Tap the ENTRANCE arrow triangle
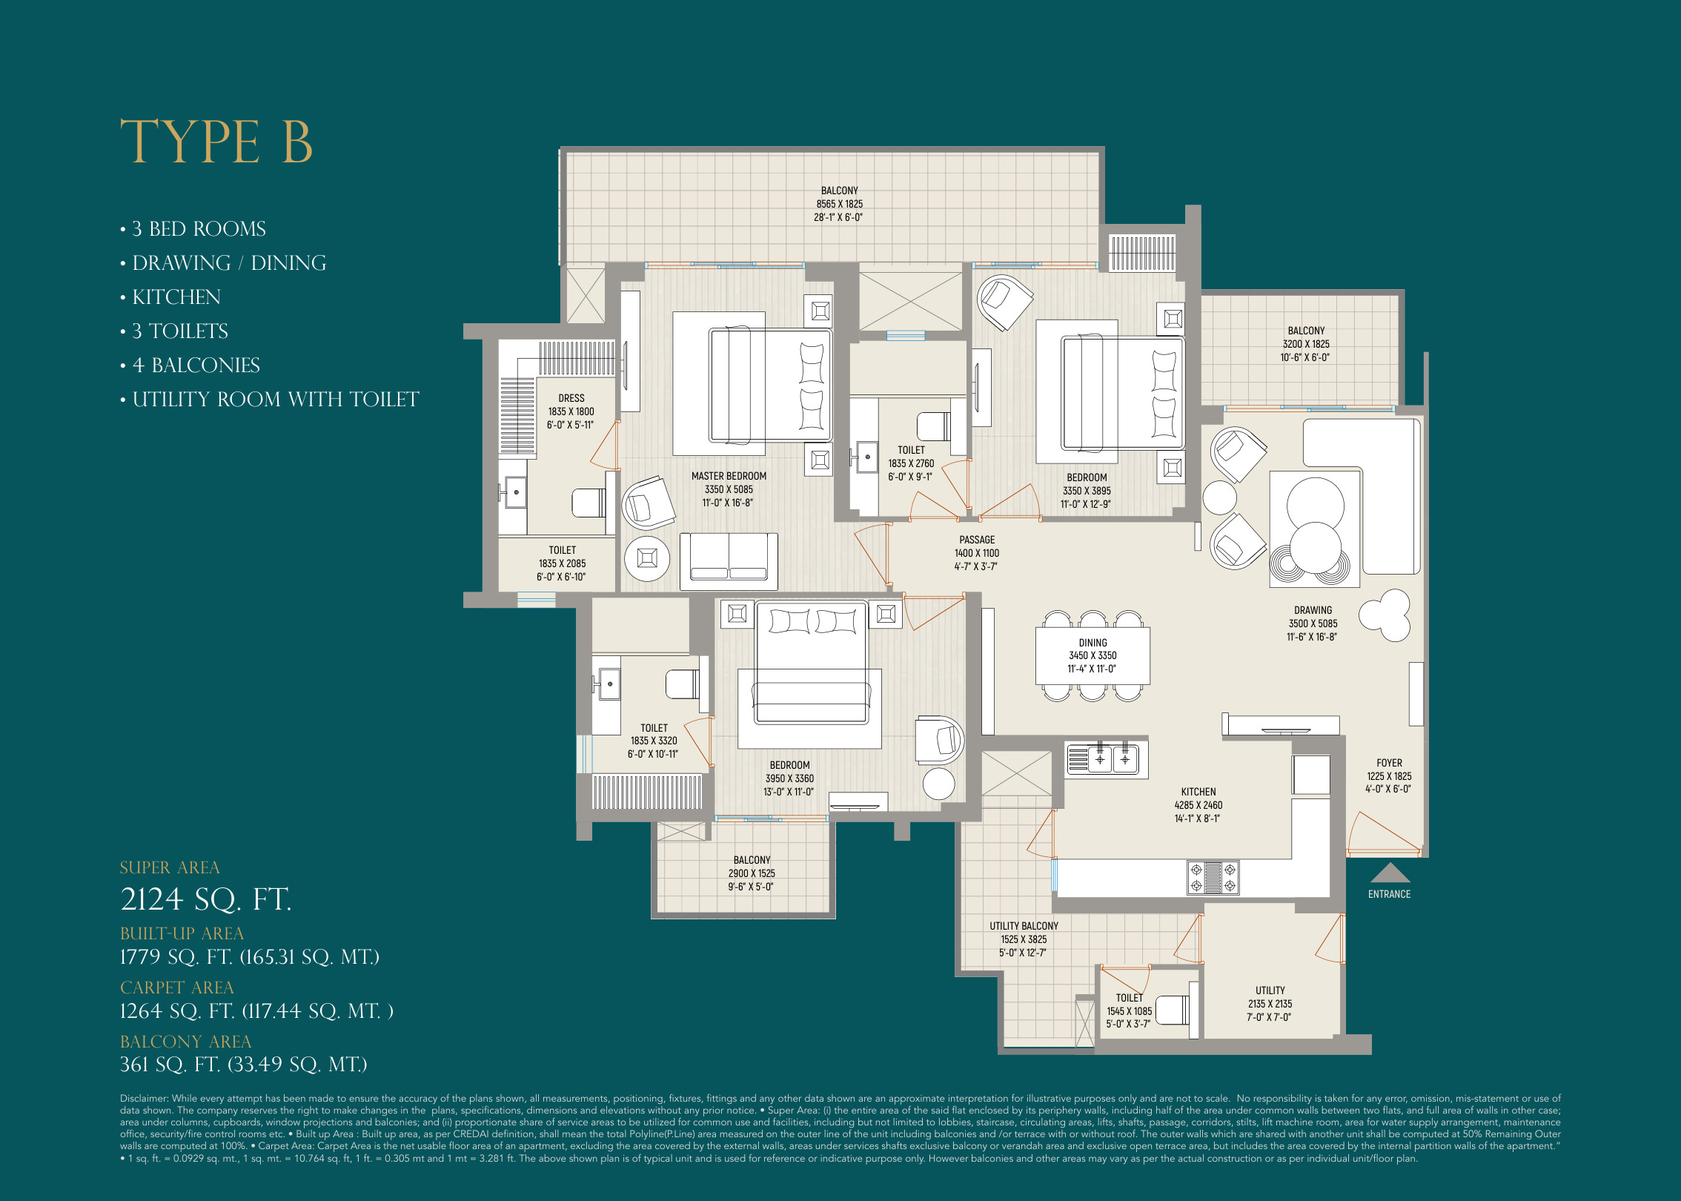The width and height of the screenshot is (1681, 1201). tap(1390, 873)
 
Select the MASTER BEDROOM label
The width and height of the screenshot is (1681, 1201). tap(729, 476)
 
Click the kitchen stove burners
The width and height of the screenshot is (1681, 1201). tap(1213, 877)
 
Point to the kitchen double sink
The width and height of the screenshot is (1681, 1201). tap(1112, 759)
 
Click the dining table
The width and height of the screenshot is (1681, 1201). tap(1093, 655)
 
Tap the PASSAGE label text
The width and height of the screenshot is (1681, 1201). tap(977, 540)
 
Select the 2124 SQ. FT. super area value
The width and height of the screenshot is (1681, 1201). tap(206, 899)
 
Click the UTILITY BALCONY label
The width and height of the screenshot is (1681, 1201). tap(1024, 926)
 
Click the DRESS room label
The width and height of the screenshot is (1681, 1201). tap(571, 398)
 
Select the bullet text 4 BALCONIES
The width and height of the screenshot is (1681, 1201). tap(196, 365)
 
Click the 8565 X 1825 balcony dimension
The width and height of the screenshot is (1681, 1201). tap(839, 204)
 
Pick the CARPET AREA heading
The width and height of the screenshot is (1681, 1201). tap(176, 987)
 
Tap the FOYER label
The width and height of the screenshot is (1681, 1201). tap(1389, 763)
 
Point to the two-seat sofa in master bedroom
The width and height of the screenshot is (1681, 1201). tap(729, 561)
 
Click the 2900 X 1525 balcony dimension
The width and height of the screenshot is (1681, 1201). tap(752, 873)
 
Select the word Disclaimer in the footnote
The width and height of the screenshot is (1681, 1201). tap(144, 1099)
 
